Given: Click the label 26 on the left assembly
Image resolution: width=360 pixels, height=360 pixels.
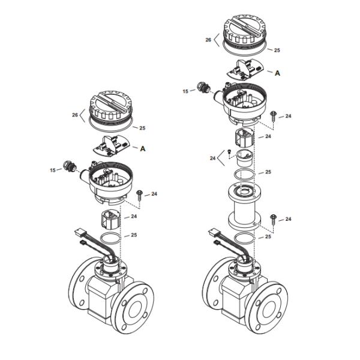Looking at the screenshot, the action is point(75,115).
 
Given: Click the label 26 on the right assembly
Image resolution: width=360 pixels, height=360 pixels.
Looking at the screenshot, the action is point(208,40).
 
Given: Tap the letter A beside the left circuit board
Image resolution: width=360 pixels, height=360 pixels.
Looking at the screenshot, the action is point(143,149).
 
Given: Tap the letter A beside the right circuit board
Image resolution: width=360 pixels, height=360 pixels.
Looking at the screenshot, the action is point(278,73).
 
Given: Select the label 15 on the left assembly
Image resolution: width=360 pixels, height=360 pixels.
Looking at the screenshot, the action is point(53,170).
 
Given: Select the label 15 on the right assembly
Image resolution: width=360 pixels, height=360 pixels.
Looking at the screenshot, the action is point(185,91).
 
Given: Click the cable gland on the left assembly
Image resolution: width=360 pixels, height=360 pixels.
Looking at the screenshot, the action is point(69,166).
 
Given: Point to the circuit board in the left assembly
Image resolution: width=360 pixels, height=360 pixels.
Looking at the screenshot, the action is point(112,146).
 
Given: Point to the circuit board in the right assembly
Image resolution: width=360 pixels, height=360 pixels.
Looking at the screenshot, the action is point(245,70).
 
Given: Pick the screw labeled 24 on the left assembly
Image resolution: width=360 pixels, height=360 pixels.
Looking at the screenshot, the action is point(139,196).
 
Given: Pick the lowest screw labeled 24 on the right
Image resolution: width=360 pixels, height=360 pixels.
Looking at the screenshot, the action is point(273,220).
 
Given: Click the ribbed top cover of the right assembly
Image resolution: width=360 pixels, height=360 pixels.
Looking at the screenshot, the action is point(245,29).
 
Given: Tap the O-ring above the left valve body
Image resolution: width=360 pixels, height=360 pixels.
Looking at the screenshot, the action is point(110,239).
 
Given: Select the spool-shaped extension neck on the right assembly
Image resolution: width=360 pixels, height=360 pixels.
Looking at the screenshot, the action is point(245,206).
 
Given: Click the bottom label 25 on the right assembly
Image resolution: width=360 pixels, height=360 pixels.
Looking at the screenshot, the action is point(268,236).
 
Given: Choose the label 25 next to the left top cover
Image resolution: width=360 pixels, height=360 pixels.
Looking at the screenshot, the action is point(142,128).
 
